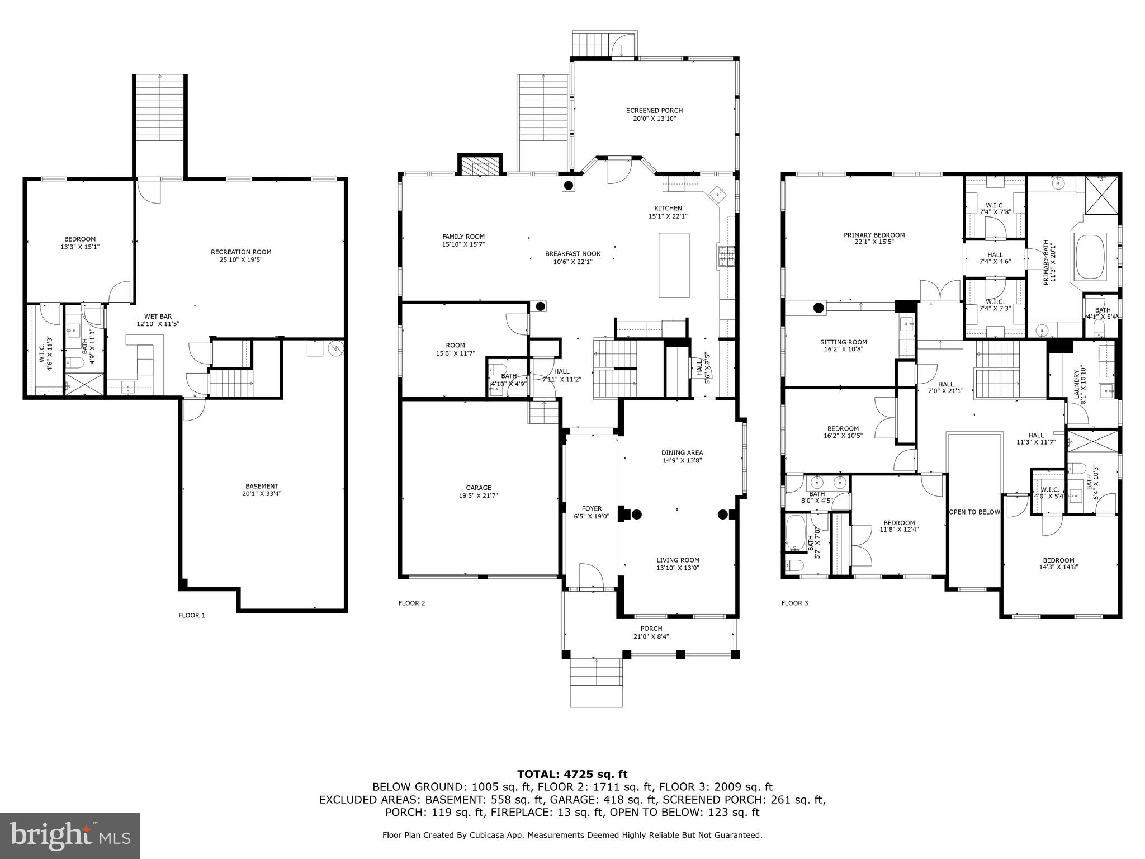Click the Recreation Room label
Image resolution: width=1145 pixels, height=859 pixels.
pyautogui.click(x=241, y=252)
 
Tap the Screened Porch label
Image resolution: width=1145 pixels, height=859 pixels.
pyautogui.click(x=654, y=111)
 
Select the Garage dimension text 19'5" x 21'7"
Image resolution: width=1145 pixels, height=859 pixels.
pyautogui.click(x=478, y=495)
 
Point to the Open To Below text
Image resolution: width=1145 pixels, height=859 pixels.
pyautogui.click(x=974, y=512)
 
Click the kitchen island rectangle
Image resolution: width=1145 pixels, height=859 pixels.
pyautogui.click(x=674, y=265)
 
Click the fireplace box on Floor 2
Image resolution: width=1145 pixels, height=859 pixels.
pyautogui.click(x=479, y=166)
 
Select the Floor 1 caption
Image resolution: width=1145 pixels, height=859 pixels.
pyautogui.click(x=192, y=615)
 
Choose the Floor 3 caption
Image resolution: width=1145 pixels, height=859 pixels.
pyautogui.click(x=794, y=603)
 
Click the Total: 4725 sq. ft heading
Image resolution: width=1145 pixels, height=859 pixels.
pyautogui.click(x=572, y=774)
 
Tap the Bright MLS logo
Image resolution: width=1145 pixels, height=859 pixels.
pyautogui.click(x=70, y=836)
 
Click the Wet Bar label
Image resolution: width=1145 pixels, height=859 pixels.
pyautogui.click(x=158, y=317)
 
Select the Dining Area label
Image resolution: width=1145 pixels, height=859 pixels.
pyautogui.click(x=682, y=453)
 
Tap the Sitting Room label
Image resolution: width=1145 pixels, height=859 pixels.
pyautogui.click(x=844, y=342)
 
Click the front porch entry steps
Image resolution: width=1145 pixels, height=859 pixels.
pyautogui.click(x=596, y=682)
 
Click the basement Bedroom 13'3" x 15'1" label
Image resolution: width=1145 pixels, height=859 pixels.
pyautogui.click(x=80, y=239)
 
